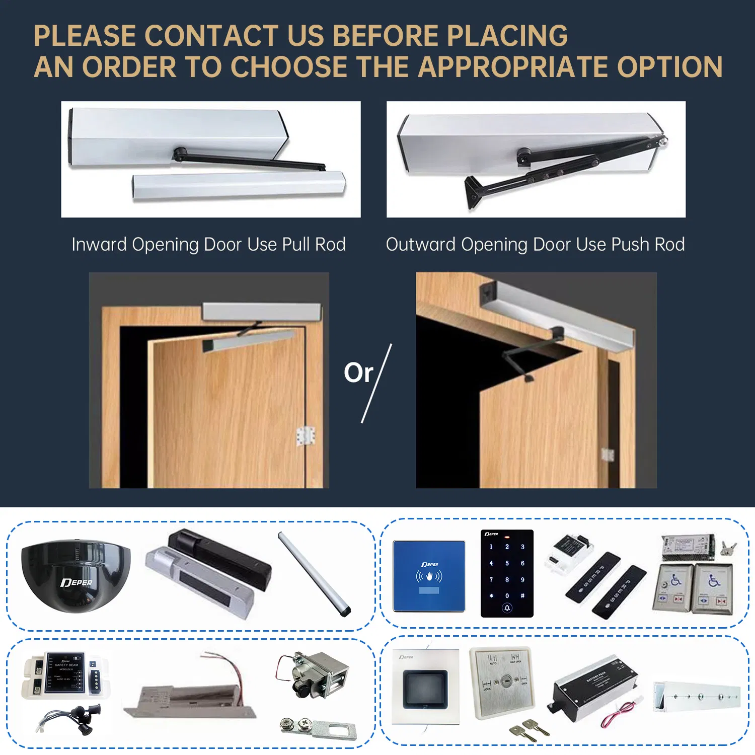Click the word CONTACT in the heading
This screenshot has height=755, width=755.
[x=211, y=36]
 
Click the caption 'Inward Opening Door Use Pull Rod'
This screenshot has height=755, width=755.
[x=208, y=244]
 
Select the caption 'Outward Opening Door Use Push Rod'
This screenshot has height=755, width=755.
[x=535, y=244]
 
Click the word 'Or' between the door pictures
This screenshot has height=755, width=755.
[x=358, y=373]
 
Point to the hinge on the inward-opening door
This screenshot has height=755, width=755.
[x=306, y=436]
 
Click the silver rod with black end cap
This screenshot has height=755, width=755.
[x=315, y=574]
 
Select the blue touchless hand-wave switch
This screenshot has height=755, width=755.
[x=429, y=576]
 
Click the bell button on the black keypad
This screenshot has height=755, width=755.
[x=507, y=608]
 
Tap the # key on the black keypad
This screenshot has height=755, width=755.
[x=522, y=595]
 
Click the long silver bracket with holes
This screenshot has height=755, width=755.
[x=697, y=697]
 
